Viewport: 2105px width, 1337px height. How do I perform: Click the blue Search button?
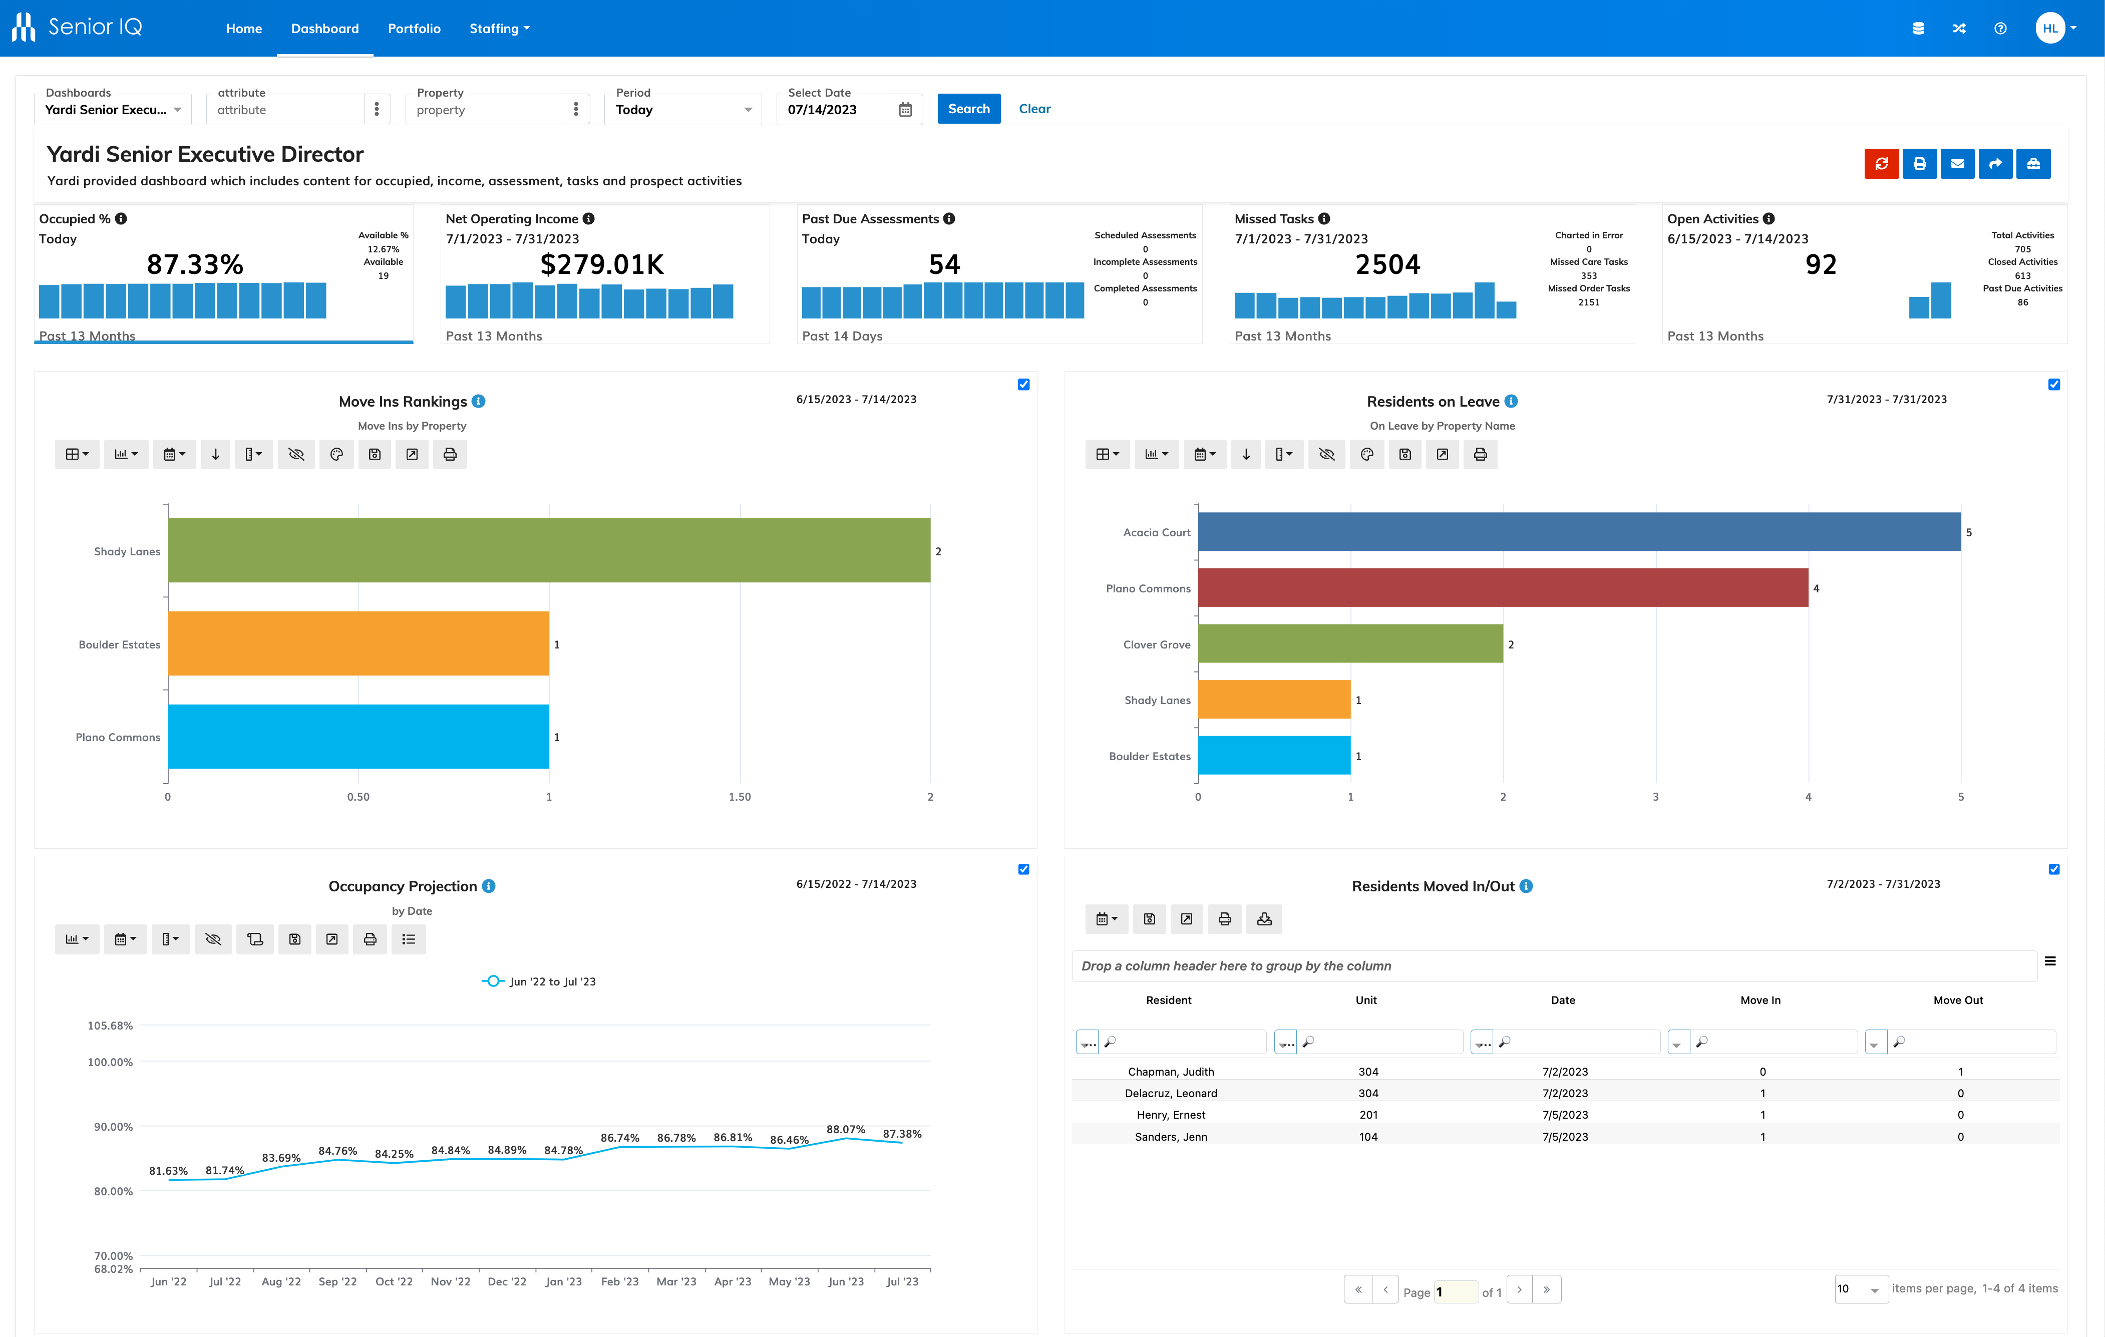point(968,109)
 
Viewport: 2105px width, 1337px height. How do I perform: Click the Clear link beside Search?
point(1034,109)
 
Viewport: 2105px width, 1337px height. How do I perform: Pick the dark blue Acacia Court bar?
point(1579,532)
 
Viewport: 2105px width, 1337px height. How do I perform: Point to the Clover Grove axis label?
point(1157,644)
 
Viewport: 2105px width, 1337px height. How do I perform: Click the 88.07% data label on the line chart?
point(845,1130)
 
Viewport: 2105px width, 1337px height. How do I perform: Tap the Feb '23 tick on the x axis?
point(620,1282)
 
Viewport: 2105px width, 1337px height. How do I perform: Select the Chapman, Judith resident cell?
point(1171,1072)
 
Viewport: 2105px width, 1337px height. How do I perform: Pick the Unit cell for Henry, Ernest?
point(1368,1115)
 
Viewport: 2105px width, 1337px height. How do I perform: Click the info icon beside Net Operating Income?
point(588,219)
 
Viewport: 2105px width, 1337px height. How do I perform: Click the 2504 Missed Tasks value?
point(1387,264)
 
